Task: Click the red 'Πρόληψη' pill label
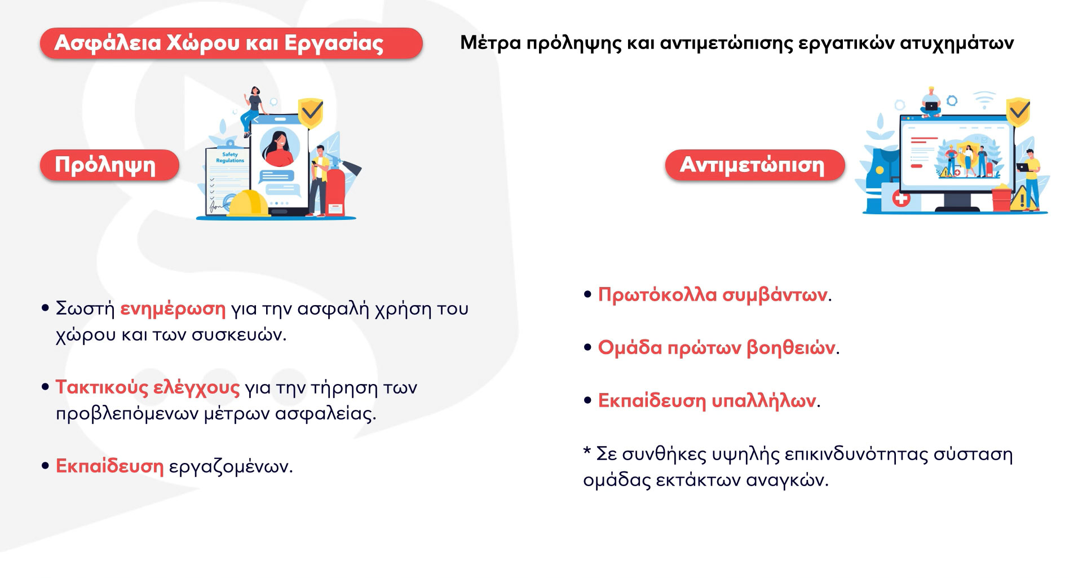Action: point(109,165)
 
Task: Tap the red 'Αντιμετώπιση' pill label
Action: point(755,165)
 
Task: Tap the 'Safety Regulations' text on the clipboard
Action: point(230,157)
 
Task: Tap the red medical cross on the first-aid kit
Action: point(900,198)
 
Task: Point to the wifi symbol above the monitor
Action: point(984,100)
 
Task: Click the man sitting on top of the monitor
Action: point(931,102)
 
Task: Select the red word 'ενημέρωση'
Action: point(173,309)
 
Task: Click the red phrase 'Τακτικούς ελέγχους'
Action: point(148,387)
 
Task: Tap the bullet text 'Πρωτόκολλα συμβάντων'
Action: point(713,294)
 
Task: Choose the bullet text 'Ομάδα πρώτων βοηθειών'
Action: point(717,347)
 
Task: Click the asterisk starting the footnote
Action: point(587,451)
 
